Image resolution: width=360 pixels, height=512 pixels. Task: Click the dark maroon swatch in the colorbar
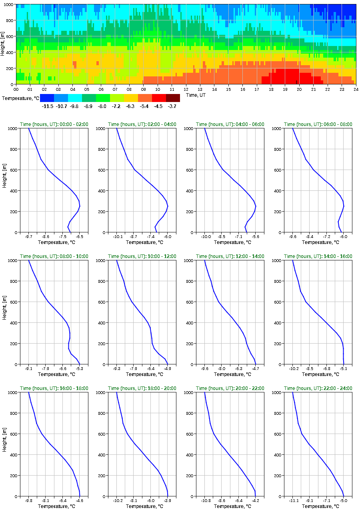pyautogui.click(x=173, y=98)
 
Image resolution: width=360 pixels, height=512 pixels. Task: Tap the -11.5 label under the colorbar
pyautogui.click(x=47, y=106)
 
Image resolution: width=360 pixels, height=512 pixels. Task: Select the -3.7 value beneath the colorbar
pyautogui.click(x=173, y=106)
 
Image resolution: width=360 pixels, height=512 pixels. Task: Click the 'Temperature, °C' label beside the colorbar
pyautogui.click(x=20, y=98)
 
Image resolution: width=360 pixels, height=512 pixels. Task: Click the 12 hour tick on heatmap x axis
pyautogui.click(x=186, y=90)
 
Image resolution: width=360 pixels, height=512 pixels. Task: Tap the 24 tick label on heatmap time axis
pyautogui.click(x=355, y=90)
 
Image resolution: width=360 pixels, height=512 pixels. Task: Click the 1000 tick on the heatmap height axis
pyautogui.click(x=9, y=4)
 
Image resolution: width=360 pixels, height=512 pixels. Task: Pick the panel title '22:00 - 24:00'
pyautogui.click(x=318, y=388)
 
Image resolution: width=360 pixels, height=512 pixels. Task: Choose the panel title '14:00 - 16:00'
pyautogui.click(x=318, y=256)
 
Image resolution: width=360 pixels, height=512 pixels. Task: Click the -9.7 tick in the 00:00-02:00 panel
pyautogui.click(x=29, y=237)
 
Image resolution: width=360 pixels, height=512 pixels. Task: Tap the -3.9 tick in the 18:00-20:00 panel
pyautogui.click(x=168, y=501)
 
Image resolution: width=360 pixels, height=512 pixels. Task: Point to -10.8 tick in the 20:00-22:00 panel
pyautogui.click(x=205, y=501)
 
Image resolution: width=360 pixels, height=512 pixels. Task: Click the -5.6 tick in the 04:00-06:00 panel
pyautogui.click(x=256, y=237)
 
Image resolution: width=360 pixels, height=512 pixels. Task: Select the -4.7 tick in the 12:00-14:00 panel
pyautogui.click(x=256, y=369)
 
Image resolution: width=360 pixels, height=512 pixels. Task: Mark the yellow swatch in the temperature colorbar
pyautogui.click(x=131, y=98)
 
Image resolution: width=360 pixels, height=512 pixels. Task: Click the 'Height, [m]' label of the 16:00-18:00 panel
pyautogui.click(x=4, y=444)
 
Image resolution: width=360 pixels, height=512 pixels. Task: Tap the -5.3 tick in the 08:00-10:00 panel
pyautogui.click(x=80, y=369)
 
